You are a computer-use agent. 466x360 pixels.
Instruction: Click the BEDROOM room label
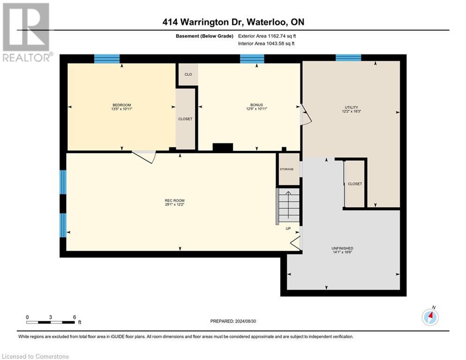coord(122,105)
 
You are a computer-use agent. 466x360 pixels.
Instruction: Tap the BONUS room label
coord(257,105)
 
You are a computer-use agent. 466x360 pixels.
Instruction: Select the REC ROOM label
coord(175,201)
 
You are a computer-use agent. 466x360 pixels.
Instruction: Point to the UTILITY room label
coord(351,107)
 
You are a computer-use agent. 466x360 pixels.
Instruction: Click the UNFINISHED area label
coord(342,248)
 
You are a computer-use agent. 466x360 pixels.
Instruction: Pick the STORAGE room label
coord(287,169)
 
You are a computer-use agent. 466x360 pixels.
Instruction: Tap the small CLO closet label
coord(188,75)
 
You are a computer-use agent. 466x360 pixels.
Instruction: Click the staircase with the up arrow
coord(288,205)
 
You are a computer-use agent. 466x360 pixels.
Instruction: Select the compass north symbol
coord(430,317)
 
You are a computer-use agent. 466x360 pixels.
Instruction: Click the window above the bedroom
coord(107,59)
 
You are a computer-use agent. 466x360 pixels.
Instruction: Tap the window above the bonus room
coord(252,59)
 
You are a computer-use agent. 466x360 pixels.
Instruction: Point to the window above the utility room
coord(348,58)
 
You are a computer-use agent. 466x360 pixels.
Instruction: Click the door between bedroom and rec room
coord(144,157)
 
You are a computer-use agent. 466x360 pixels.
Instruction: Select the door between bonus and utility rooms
coord(306,114)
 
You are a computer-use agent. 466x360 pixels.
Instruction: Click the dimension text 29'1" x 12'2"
coord(175,205)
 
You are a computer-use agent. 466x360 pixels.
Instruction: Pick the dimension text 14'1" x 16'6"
coord(342,252)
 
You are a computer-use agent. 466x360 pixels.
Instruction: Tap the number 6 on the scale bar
coord(74,317)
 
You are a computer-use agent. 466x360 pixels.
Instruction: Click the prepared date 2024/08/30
coord(245,321)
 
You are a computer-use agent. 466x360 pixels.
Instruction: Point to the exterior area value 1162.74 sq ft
coord(282,36)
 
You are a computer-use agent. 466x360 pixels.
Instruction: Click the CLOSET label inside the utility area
coord(355,184)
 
